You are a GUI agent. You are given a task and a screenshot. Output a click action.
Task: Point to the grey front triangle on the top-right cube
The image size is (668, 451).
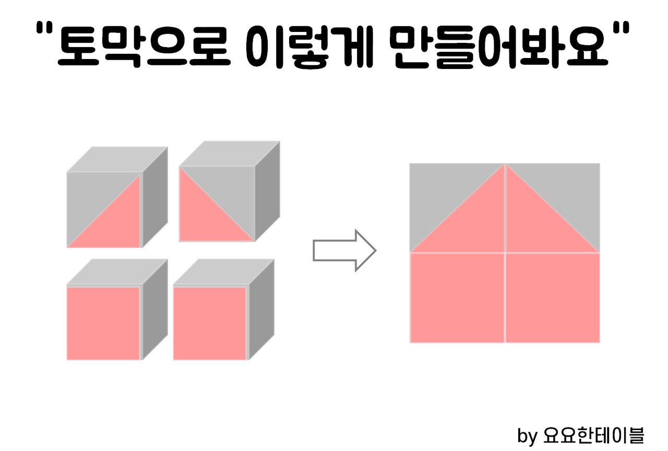(x=230, y=188)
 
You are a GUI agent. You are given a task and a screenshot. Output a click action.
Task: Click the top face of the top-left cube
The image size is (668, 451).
(x=117, y=158)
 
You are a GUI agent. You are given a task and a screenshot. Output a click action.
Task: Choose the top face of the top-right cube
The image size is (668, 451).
(x=230, y=153)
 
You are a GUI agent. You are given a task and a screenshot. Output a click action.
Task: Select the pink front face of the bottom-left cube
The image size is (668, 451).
(x=103, y=322)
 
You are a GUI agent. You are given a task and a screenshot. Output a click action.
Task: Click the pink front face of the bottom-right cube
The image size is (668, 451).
(x=209, y=322)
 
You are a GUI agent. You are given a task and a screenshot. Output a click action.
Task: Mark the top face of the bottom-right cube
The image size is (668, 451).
(x=224, y=271)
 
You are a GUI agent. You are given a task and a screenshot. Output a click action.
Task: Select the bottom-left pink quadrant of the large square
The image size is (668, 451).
(x=457, y=297)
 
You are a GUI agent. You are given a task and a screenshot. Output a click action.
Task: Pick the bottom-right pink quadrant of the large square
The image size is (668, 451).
(x=553, y=297)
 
